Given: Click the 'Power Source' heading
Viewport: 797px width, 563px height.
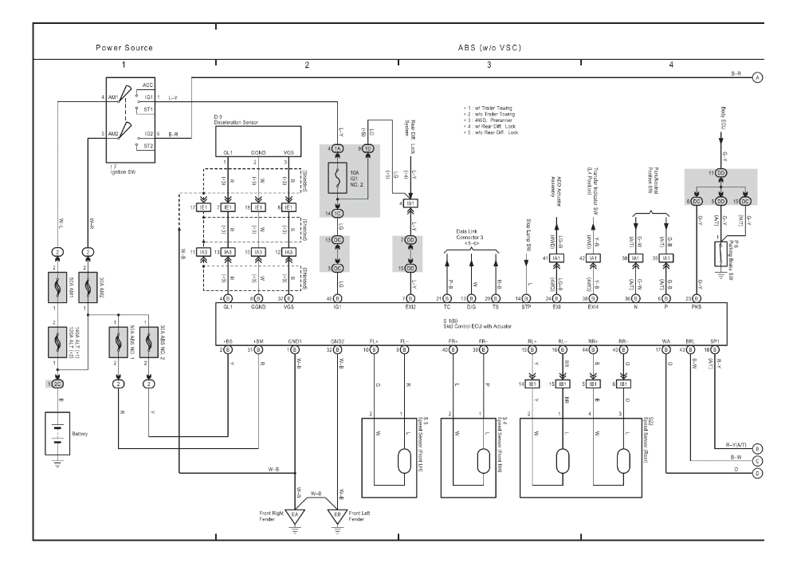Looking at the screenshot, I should coord(124,48).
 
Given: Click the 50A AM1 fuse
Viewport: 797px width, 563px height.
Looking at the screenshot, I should coord(57,285).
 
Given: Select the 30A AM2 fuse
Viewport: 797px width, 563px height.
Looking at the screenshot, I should coord(88,285).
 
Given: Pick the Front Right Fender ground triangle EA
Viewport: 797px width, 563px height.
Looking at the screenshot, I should coord(295,515).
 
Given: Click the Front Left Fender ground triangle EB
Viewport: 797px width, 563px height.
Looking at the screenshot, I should coord(340,515).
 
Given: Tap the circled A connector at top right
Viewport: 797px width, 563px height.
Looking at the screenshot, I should coord(758,77).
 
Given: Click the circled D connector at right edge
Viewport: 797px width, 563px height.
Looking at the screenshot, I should coord(758,473).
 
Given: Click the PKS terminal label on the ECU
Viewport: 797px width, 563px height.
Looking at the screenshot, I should coord(701,306).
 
